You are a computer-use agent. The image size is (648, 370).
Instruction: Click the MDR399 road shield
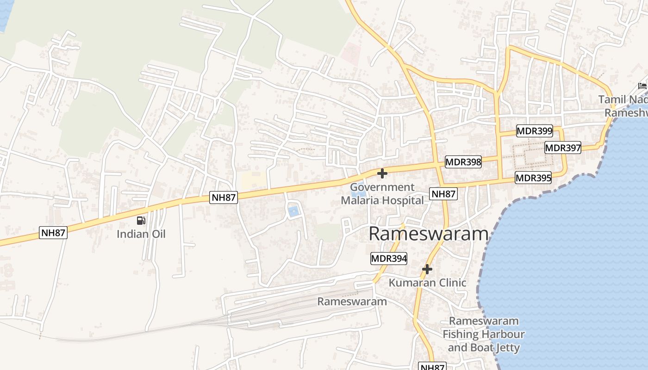coord(535,131)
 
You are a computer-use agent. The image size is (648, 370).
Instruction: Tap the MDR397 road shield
coord(563,148)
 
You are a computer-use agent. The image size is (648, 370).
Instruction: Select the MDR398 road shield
coord(463,162)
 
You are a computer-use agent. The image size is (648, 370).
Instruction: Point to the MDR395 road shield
coord(533,178)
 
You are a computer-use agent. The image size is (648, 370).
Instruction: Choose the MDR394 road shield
coord(389,259)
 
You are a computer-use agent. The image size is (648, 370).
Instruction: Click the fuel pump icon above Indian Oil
coord(141,221)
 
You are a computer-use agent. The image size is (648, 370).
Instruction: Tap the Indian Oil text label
coord(141,234)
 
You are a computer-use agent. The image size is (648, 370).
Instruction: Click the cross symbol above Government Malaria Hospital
coord(382,173)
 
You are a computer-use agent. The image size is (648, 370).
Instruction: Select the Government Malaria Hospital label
coord(382,194)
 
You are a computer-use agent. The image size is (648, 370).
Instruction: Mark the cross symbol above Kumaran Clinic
coord(427,269)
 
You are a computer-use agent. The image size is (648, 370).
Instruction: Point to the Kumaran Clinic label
coord(427,283)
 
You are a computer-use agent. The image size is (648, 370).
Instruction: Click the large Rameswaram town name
coord(429,234)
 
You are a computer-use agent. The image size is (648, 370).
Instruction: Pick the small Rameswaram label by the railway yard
coord(352,302)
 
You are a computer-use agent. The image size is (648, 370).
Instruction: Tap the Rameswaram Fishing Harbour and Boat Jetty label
coord(484,334)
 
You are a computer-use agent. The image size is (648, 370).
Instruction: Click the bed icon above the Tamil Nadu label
coord(642,86)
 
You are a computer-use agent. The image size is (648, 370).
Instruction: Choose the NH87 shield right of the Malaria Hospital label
coord(443,194)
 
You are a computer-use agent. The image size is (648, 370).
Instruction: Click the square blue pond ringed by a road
coord(293,211)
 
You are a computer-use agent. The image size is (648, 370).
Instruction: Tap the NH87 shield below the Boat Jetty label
coord(432,367)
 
